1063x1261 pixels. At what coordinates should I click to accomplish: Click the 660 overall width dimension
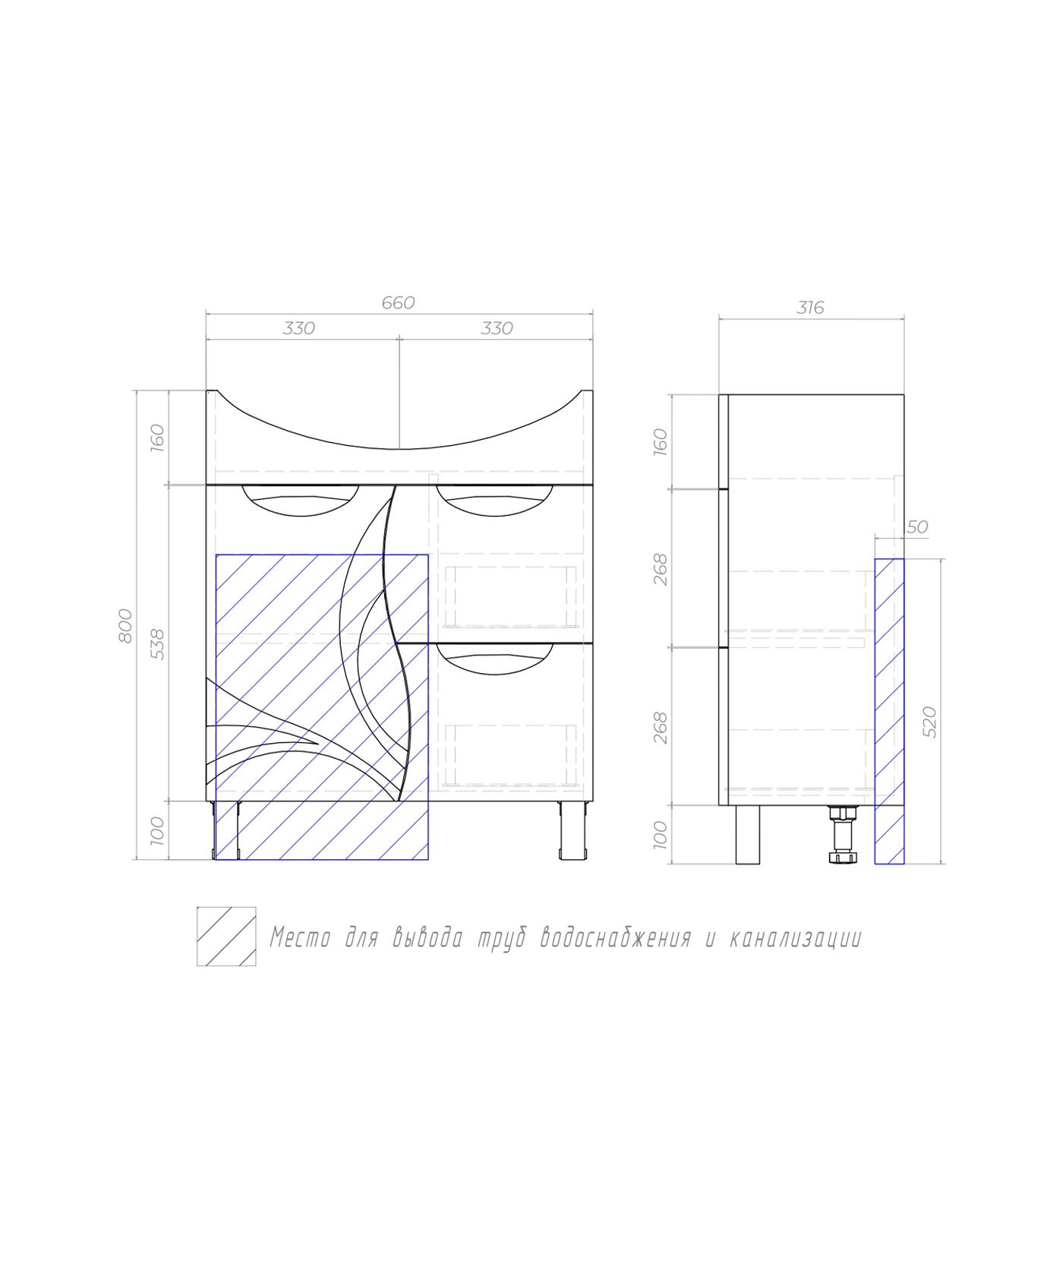click(398, 303)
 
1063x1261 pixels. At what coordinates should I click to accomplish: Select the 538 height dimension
click(157, 643)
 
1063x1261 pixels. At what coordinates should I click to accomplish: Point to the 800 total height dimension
click(125, 625)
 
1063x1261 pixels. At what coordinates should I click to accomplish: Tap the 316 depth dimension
click(810, 308)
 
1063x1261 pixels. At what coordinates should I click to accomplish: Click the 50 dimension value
click(917, 526)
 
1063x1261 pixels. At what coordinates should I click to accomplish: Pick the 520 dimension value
click(929, 722)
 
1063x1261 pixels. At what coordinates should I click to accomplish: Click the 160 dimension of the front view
click(157, 438)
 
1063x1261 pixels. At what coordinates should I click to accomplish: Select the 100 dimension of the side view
click(660, 835)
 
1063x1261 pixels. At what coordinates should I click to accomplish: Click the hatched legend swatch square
click(226, 936)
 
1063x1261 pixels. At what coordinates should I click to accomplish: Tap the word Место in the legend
click(300, 938)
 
